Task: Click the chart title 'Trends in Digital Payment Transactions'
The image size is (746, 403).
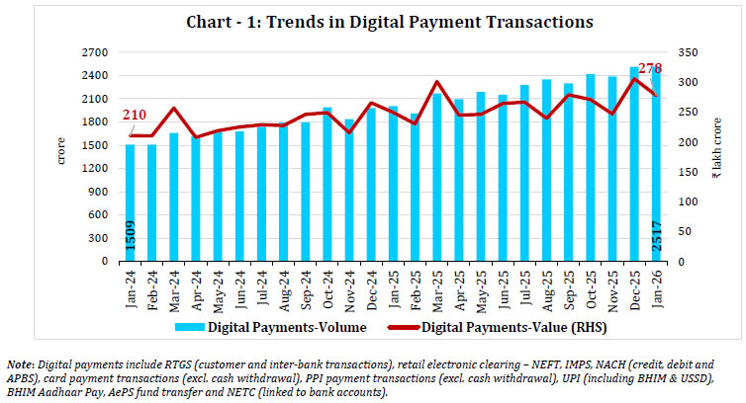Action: point(372,21)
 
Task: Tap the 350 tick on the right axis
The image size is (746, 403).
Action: point(686,52)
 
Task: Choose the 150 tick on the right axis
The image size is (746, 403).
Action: point(686,172)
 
